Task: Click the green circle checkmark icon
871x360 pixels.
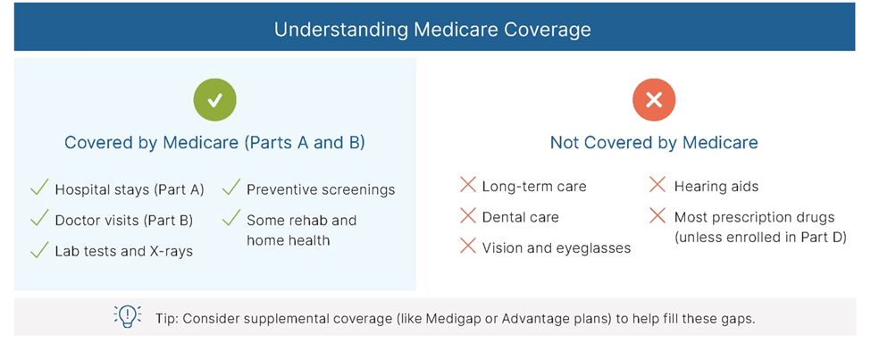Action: tap(215, 100)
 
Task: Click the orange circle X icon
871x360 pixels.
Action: tap(654, 100)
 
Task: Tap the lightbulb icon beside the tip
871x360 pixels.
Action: tap(127, 316)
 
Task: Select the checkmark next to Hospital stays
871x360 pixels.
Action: tap(39, 188)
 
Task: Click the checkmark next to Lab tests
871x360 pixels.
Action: tap(39, 249)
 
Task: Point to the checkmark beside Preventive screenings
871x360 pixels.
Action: tap(231, 188)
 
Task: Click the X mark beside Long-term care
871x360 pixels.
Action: tap(468, 185)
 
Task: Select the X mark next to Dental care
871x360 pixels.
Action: tap(468, 215)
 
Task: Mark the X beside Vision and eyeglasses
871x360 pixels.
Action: tap(468, 247)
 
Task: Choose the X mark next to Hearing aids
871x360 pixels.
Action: tap(657, 185)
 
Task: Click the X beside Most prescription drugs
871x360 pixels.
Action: tap(657, 215)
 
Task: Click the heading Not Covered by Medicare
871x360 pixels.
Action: tap(654, 143)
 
